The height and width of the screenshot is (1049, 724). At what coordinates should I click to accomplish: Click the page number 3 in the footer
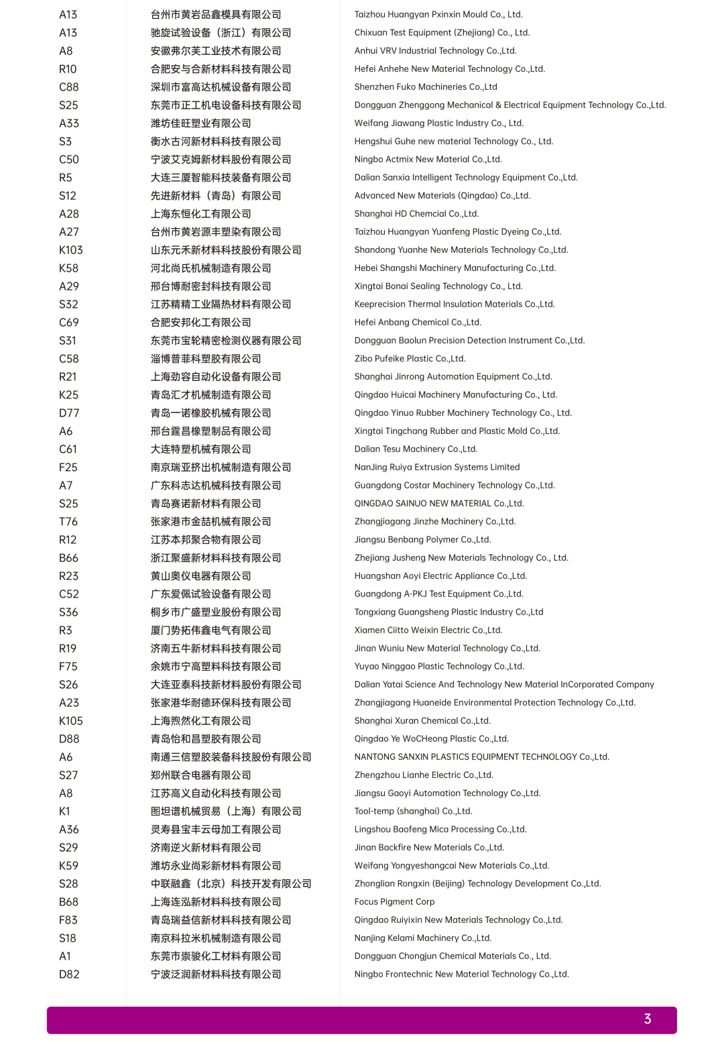pyautogui.click(x=647, y=1019)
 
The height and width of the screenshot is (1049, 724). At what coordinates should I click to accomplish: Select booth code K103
pyautogui.click(x=71, y=250)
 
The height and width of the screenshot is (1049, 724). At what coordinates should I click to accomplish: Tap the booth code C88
pyautogui.click(x=68, y=87)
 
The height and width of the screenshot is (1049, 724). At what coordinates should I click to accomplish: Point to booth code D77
pyautogui.click(x=68, y=413)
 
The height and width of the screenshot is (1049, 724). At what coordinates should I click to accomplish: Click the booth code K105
pyautogui.click(x=71, y=721)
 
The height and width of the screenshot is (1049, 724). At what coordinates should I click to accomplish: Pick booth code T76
pyautogui.click(x=68, y=522)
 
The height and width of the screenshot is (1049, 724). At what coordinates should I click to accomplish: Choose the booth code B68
pyautogui.click(x=68, y=902)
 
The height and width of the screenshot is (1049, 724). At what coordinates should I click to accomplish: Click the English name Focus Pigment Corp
pyautogui.click(x=394, y=902)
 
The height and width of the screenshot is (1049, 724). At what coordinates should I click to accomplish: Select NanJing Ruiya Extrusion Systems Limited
pyautogui.click(x=436, y=467)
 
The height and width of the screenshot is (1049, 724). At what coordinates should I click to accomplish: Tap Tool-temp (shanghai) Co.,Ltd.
pyautogui.click(x=413, y=812)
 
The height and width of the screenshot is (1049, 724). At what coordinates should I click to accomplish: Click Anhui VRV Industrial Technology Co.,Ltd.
pyautogui.click(x=435, y=51)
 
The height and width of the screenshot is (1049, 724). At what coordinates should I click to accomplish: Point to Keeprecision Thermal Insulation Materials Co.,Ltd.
pyautogui.click(x=454, y=305)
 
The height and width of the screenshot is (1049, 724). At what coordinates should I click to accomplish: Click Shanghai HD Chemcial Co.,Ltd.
pyautogui.click(x=416, y=214)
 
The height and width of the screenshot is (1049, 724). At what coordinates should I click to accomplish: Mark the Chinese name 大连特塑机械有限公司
pyautogui.click(x=200, y=449)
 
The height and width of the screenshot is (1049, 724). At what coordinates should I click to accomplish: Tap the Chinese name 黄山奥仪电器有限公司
pyautogui.click(x=200, y=576)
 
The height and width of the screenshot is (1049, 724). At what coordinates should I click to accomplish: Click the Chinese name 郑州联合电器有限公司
pyautogui.click(x=200, y=775)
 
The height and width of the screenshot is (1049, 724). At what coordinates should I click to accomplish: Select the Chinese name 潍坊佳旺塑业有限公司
pyautogui.click(x=200, y=123)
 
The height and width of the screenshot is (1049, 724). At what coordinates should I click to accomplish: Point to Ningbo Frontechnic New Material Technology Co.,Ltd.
pyautogui.click(x=461, y=975)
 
